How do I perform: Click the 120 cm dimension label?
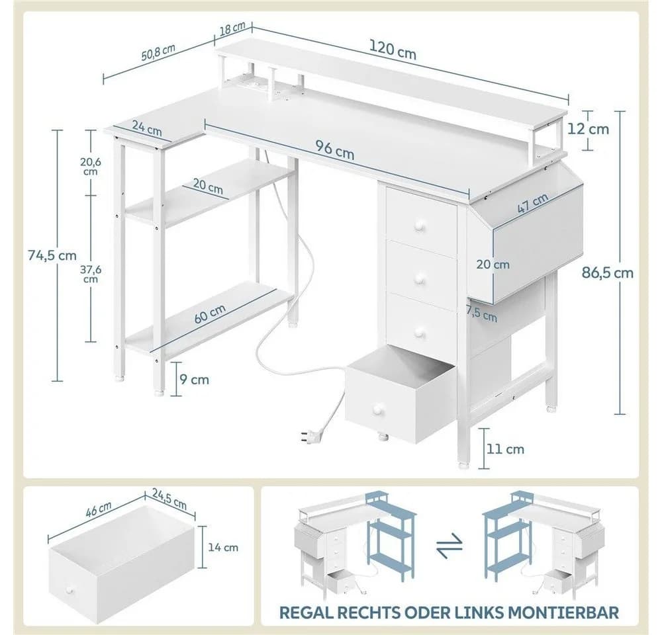point(393,50)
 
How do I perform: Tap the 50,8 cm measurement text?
point(158,52)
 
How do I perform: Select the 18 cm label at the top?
point(232,28)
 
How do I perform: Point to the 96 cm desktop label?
point(335,149)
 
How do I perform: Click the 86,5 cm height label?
point(608,273)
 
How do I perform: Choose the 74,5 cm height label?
point(52,255)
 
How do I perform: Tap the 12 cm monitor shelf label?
point(588,129)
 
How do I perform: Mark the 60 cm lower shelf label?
point(210,314)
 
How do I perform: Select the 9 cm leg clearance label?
point(194,380)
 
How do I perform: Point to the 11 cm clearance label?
point(505,449)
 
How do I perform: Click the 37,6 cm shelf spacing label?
point(91,274)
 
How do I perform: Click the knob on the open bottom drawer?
point(377,408)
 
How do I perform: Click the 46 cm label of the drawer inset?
point(99,510)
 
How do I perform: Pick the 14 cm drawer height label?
point(223,548)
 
